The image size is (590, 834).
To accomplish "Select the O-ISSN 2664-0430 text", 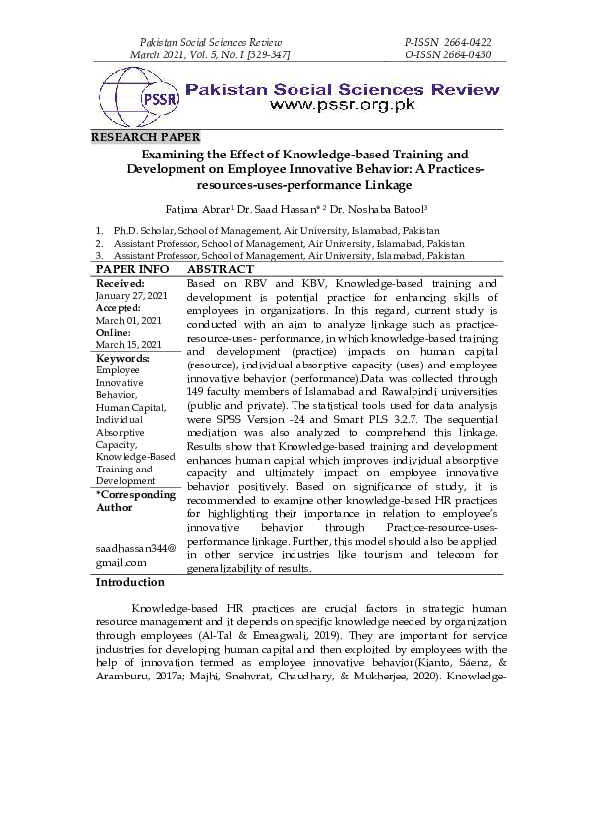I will click(x=448, y=55).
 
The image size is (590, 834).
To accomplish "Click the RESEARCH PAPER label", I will click(x=146, y=137).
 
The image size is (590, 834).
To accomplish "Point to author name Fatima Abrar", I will click(x=198, y=210).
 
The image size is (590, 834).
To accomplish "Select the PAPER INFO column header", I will click(x=132, y=269).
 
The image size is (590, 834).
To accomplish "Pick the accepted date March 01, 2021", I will click(x=128, y=321).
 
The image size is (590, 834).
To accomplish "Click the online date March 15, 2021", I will click(x=128, y=345).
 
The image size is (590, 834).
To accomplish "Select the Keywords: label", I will click(x=123, y=358).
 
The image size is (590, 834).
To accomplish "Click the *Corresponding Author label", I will click(x=135, y=501).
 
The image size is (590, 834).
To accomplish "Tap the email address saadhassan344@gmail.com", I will click(x=136, y=554).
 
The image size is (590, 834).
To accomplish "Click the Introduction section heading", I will click(x=129, y=583).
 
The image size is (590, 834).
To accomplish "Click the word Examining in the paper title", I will click(x=175, y=155).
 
